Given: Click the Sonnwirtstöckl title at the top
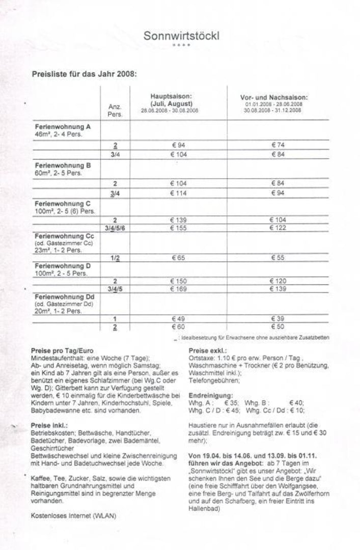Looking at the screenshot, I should point(181,36).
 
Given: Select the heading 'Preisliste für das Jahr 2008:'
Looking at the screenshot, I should point(84,74).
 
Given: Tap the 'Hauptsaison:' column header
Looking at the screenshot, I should point(171,96).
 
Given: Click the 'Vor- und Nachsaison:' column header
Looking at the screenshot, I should point(274,97).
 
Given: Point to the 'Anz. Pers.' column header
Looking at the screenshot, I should point(115,111).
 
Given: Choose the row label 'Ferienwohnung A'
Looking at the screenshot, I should point(63,126).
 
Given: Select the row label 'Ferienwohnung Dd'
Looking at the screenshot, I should point(63,296).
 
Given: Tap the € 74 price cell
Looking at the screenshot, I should point(278,145).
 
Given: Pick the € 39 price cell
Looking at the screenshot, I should point(278,319).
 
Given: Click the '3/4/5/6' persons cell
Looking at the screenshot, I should point(115,228).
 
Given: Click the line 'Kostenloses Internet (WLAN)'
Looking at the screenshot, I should point(73,516).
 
